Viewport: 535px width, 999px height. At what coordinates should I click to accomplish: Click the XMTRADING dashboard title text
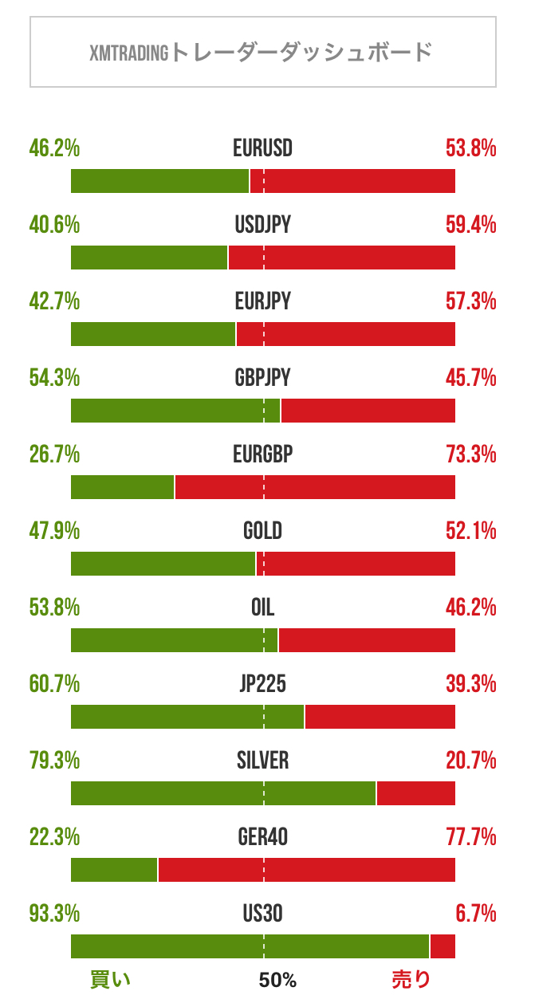pos(262,53)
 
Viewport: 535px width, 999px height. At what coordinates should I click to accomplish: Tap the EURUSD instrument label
pos(262,148)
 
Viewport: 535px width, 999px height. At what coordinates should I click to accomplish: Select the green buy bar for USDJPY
pos(149,258)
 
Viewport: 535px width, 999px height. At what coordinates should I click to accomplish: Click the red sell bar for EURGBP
pos(315,487)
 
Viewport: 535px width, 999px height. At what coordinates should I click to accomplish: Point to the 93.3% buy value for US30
pos(54,913)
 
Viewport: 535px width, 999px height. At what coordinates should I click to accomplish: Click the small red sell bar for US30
pos(443,946)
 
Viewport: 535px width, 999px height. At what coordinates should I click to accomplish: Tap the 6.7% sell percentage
pos(477,913)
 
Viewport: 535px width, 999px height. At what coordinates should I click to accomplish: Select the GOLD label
pos(262,531)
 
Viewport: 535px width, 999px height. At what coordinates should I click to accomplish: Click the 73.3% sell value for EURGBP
pos(470,454)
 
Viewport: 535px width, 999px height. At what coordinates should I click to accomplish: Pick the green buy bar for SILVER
pos(223,793)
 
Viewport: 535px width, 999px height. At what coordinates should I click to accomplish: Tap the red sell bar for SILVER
pos(416,793)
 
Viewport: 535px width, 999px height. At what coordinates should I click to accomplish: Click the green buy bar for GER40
pos(114,870)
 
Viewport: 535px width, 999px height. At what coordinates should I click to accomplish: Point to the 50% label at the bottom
pos(277,980)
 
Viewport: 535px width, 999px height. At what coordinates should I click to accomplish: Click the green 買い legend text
pos(110,980)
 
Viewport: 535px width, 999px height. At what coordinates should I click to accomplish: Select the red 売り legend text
pos(411,980)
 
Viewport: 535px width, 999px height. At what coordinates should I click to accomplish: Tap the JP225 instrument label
pos(262,684)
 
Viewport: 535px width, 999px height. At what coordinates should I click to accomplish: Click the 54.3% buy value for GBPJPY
pos(54,378)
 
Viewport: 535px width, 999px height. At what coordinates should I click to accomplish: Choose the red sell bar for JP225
pos(380,717)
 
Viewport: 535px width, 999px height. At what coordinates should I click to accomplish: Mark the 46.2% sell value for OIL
pos(470,608)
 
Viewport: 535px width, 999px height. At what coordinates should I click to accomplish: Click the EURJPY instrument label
pos(262,301)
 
